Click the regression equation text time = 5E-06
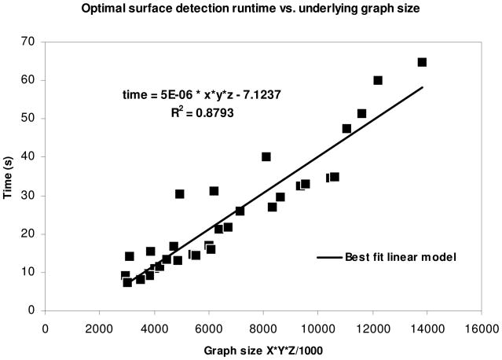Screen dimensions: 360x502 (199, 94)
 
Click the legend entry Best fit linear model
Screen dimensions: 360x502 (398, 256)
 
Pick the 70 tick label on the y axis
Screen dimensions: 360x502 (32, 42)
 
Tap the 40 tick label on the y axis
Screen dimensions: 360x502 (32, 156)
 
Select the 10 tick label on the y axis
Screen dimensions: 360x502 (32, 272)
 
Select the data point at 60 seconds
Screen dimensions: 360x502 (378, 80)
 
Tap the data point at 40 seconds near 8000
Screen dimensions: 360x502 (266, 156)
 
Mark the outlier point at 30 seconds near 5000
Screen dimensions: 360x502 (180, 193)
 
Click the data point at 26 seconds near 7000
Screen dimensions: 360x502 (240, 211)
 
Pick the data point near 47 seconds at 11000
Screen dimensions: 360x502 (346, 128)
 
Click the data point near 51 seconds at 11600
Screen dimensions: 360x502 (361, 113)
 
